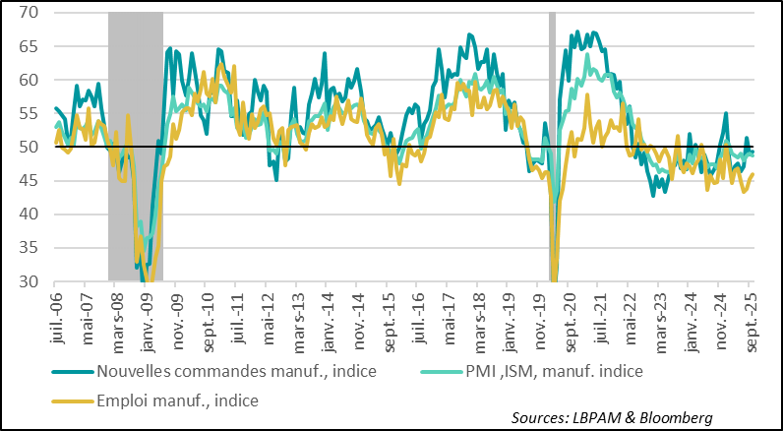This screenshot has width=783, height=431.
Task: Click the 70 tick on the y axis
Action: (27, 13)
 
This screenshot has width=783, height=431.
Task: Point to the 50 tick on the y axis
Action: (27, 148)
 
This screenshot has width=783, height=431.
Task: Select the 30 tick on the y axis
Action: (27, 282)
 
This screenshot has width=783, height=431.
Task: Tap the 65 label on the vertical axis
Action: (27, 46)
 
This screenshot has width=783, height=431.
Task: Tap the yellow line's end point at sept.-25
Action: (753, 174)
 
